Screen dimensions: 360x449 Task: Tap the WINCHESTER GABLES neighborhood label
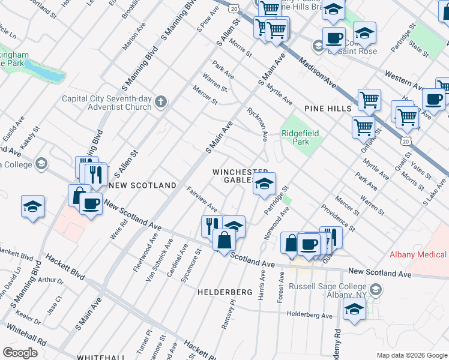239,176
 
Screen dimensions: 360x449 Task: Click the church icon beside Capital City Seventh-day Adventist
160,101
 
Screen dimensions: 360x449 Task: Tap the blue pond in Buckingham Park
43,71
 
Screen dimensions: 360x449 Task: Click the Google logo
20,352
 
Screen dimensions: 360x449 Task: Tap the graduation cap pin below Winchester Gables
264,184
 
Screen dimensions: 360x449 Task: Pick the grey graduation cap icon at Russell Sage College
375,290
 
